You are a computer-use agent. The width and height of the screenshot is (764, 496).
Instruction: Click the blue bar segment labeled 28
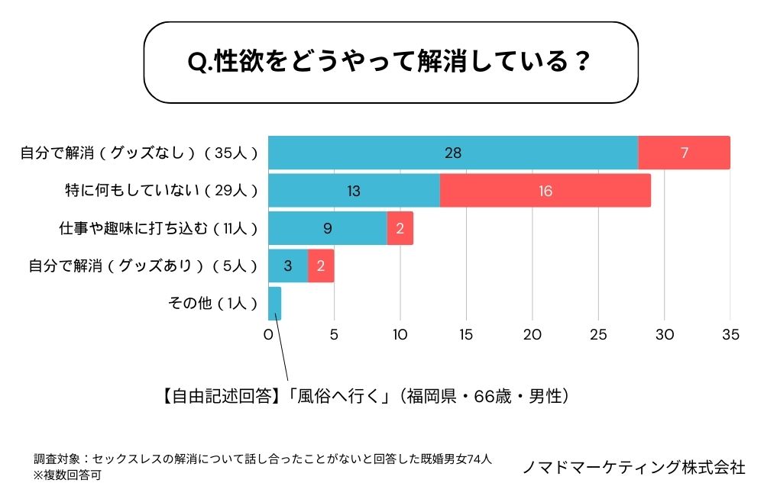tap(453, 153)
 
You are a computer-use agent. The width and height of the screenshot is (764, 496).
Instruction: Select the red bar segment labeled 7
tap(684, 153)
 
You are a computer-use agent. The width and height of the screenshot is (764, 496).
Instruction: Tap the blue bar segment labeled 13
tap(354, 191)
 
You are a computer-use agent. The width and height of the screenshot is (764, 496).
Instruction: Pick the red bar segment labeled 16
tap(545, 191)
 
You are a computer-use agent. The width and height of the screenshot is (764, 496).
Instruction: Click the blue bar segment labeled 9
tap(327, 228)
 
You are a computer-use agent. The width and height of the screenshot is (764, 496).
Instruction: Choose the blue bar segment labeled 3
tap(288, 266)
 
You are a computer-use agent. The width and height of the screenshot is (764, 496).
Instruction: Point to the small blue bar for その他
tap(274, 304)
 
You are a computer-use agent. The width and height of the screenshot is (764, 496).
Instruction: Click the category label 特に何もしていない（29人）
tap(161, 191)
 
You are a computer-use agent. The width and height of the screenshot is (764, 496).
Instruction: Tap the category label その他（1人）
tap(213, 304)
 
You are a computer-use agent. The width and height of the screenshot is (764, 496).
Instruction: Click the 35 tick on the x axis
tap(730, 335)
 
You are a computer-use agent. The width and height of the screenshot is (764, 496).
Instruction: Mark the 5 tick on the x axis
tap(334, 335)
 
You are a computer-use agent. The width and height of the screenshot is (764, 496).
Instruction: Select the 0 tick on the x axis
tap(268, 335)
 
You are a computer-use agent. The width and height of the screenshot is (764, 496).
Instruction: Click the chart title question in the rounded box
tap(390, 62)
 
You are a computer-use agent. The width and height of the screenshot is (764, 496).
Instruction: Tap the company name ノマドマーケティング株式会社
tap(633, 467)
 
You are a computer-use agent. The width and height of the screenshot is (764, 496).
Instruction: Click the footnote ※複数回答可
tap(67, 475)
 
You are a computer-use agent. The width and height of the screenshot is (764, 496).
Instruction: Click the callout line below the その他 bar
tap(282, 351)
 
